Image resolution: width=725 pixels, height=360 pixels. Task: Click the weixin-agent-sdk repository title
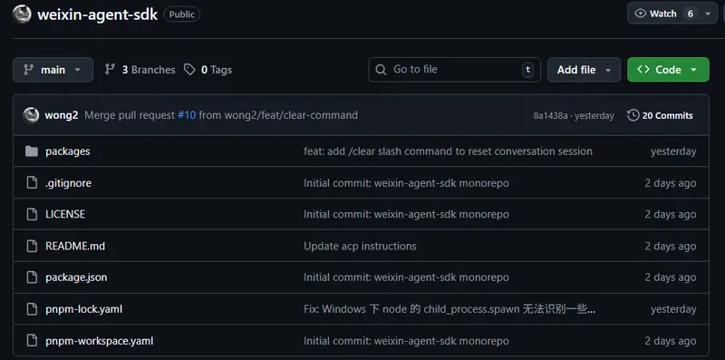pyautogui.click(x=96, y=15)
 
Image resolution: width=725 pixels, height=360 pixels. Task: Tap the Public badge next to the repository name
pyautogui.click(x=182, y=15)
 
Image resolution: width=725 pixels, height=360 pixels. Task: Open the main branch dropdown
pyautogui.click(x=53, y=70)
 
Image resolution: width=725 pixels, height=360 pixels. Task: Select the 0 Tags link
pyautogui.click(x=208, y=70)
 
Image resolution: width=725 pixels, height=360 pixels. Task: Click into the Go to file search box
pyautogui.click(x=453, y=70)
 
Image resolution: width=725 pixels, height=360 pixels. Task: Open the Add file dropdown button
pyautogui.click(x=585, y=70)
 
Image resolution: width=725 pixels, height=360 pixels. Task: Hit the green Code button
pyautogui.click(x=668, y=70)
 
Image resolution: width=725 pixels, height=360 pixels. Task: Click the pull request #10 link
pyautogui.click(x=187, y=115)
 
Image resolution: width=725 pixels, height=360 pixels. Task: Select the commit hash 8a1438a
pyautogui.click(x=550, y=116)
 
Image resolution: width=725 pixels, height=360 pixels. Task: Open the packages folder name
pyautogui.click(x=68, y=151)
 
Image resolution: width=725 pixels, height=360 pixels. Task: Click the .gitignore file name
pyautogui.click(x=69, y=183)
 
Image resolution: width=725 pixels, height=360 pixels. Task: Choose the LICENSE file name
pyautogui.click(x=65, y=214)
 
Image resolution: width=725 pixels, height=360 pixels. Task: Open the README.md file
pyautogui.click(x=75, y=246)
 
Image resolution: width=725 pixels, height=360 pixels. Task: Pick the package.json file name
pyautogui.click(x=76, y=277)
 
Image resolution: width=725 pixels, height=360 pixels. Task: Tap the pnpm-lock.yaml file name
pyautogui.click(x=83, y=309)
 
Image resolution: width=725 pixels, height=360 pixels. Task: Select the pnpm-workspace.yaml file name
pyautogui.click(x=99, y=341)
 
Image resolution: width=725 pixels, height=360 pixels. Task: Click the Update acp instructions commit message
pyautogui.click(x=360, y=246)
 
